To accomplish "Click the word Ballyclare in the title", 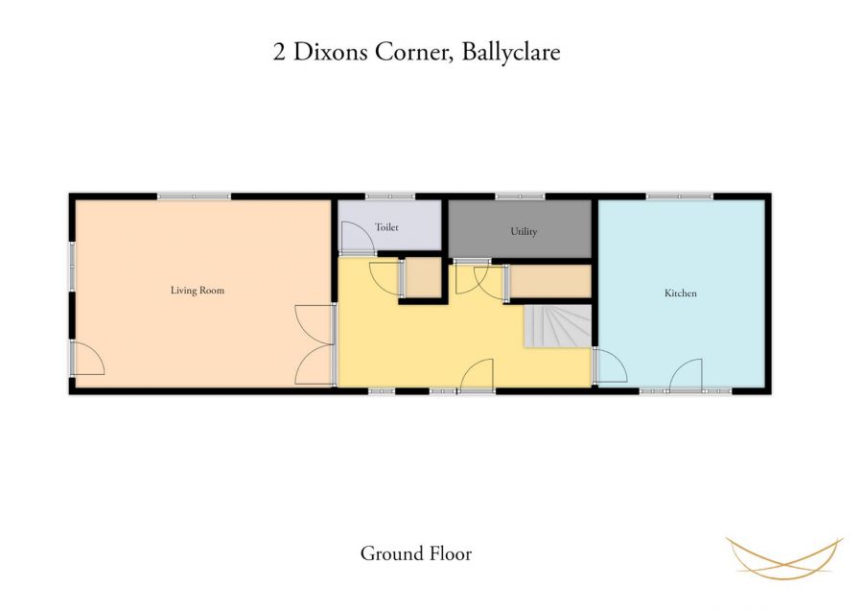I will click(x=510, y=52).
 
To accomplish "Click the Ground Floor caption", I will click(x=416, y=553).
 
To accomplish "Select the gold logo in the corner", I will click(x=784, y=558).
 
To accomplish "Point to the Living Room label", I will click(x=198, y=290).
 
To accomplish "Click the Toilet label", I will click(x=386, y=227).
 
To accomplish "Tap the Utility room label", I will click(x=524, y=231).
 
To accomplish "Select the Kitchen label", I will click(x=681, y=293).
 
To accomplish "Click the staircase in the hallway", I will click(x=556, y=326).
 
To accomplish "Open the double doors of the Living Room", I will click(x=315, y=345).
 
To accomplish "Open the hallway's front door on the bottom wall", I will click(x=478, y=376).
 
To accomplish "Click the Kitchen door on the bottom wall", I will click(x=687, y=376).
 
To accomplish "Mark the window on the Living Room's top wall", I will click(x=194, y=196).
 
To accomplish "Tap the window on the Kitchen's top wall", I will click(x=679, y=196).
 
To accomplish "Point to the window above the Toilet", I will click(x=383, y=196).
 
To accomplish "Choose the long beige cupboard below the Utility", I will click(x=548, y=281).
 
